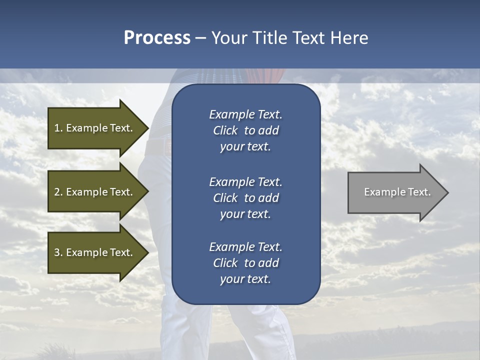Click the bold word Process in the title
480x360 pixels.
point(157,38)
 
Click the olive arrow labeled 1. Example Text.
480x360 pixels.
point(95,128)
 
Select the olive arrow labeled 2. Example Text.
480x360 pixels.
point(95,192)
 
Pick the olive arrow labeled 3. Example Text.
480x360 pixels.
point(95,252)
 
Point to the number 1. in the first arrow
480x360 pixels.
point(58,128)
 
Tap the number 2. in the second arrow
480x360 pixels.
point(58,192)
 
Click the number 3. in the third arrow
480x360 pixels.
point(58,252)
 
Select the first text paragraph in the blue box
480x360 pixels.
point(245,130)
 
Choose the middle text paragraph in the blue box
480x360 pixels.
point(245,197)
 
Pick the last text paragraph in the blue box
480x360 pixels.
point(245,263)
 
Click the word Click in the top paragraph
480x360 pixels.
point(225,130)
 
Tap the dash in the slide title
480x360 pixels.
point(200,38)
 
